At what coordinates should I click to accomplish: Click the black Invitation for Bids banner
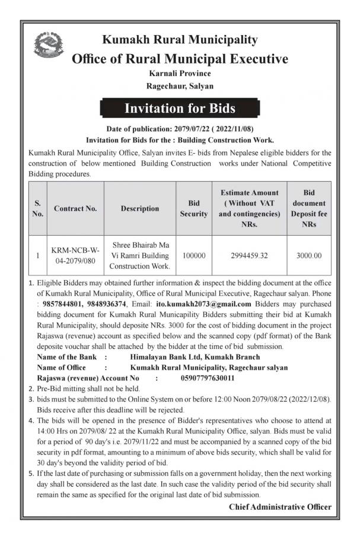pos(180,109)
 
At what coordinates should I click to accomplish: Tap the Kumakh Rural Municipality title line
pos(180,40)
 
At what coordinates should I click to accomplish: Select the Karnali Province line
pos(180,73)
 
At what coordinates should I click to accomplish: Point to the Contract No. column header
pos(75,208)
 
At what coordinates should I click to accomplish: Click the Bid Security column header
pos(194,208)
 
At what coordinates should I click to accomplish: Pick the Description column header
pos(140,208)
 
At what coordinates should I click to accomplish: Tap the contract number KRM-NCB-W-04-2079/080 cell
pos(75,256)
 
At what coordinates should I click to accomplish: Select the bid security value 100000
pos(194,256)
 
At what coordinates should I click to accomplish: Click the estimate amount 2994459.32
pos(249,256)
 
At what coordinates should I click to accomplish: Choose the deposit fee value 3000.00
pos(309,256)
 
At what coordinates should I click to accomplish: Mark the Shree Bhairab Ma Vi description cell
pos(140,256)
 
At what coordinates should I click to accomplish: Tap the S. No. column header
pos(37,208)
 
